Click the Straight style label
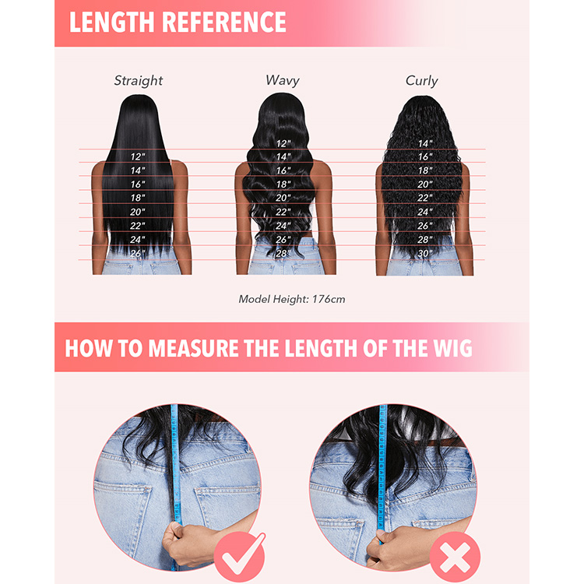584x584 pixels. [x=138, y=80]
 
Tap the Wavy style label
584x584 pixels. [x=283, y=80]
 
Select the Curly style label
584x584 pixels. [x=421, y=80]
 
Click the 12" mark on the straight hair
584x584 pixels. [x=138, y=157]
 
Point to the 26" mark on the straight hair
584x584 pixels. [x=137, y=253]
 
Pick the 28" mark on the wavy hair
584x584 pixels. [x=283, y=253]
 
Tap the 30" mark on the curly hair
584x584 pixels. [x=425, y=253]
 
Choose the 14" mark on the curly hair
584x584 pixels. [x=425, y=143]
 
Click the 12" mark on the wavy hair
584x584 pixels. [x=283, y=143]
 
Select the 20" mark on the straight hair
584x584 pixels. [x=137, y=212]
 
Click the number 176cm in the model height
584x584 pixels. [x=329, y=299]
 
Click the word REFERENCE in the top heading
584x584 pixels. [x=223, y=22]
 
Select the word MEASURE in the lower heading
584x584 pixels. [x=194, y=348]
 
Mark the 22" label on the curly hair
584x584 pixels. [x=425, y=198]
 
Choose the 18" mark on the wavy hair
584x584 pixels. [x=283, y=185]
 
